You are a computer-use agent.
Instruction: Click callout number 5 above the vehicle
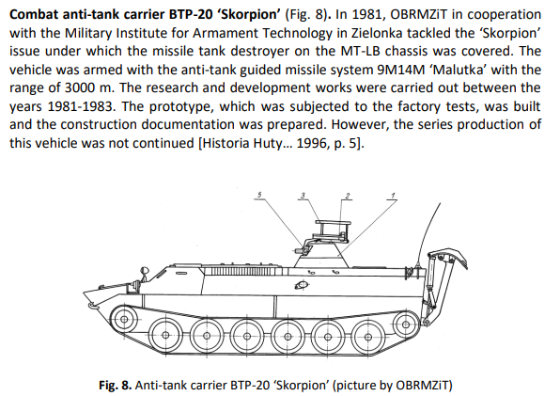(x=259, y=195)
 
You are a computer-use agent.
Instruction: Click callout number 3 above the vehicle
(x=303, y=195)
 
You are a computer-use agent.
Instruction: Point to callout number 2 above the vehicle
(x=347, y=196)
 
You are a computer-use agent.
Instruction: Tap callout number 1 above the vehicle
(x=393, y=196)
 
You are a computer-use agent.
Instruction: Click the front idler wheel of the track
(x=124, y=319)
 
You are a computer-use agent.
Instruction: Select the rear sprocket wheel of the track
(x=406, y=325)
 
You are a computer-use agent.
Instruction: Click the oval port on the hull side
(x=302, y=285)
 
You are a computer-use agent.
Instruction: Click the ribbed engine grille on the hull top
(x=243, y=272)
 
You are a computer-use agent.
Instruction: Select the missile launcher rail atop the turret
(x=333, y=223)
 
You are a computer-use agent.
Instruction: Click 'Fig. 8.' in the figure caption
(x=116, y=386)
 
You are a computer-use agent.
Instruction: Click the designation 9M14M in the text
(x=401, y=70)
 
